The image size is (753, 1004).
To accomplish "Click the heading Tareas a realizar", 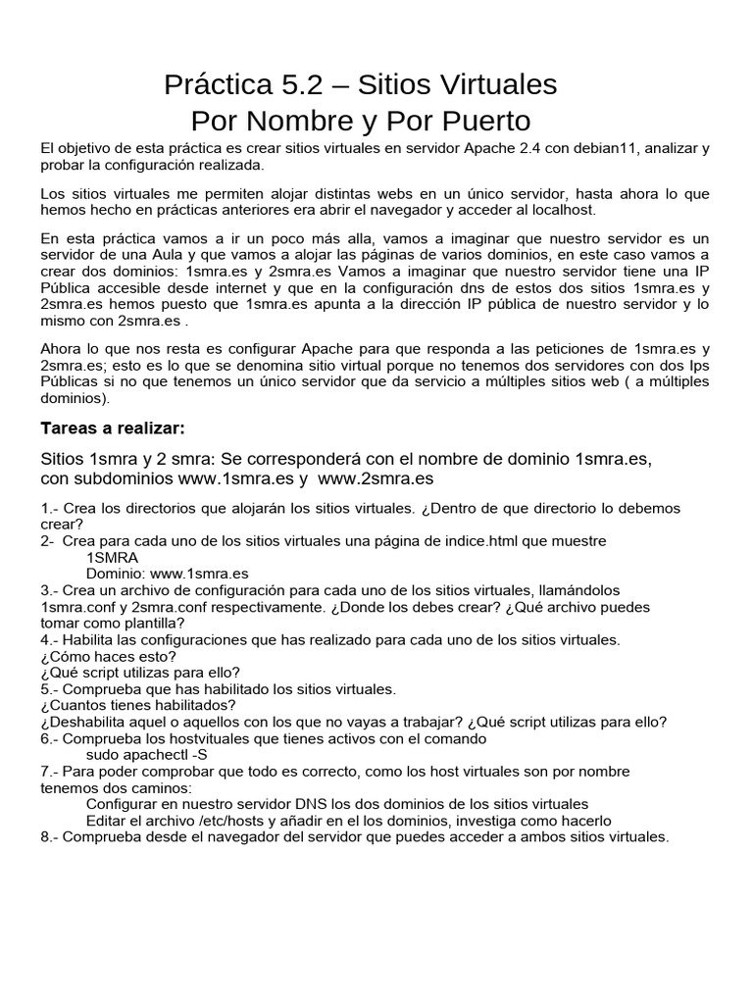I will point(113,428).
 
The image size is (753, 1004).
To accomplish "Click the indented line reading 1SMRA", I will point(112,558).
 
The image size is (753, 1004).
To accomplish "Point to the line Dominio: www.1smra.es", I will point(167,574).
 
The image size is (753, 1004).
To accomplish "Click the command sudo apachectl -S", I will point(147,754).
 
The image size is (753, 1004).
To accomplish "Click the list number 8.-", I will point(50,836).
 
